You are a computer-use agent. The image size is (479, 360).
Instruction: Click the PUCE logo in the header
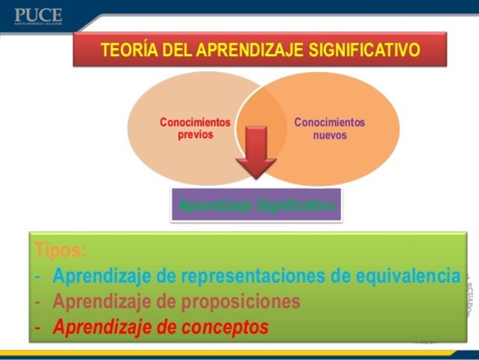pos(37,16)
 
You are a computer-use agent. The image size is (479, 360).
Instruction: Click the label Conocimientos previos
pos(186,128)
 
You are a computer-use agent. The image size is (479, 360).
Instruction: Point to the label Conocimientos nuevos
pos(329,128)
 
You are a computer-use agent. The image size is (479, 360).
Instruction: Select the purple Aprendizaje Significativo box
pos(256,204)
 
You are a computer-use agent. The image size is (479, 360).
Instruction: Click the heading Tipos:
pos(60,250)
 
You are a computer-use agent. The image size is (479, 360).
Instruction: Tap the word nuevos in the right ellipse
pos(330,135)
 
